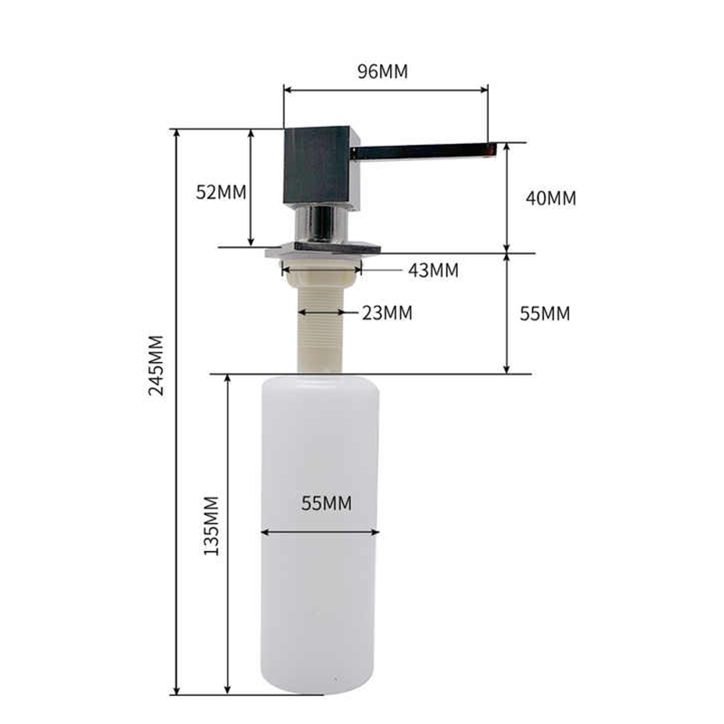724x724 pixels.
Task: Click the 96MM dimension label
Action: [x=383, y=71]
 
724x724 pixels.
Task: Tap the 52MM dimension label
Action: [x=221, y=192]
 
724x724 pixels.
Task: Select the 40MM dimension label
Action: [x=551, y=198]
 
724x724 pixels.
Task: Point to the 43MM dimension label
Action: [x=433, y=270]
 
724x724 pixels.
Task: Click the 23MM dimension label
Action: [x=387, y=312]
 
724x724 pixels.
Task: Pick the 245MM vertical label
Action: [x=157, y=366]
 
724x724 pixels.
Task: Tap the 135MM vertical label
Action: [x=212, y=526]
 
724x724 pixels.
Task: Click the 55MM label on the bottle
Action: [x=327, y=503]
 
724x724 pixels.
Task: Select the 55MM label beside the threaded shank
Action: [x=545, y=313]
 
